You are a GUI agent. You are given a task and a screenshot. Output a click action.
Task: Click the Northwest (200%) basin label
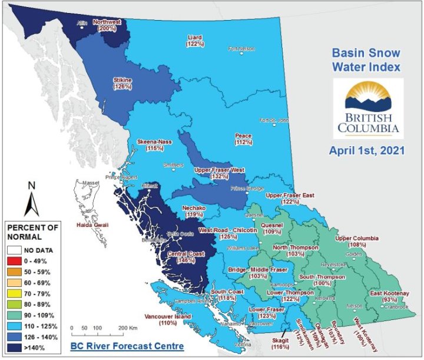107,24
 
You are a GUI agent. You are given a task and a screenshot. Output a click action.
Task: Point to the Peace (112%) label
243,138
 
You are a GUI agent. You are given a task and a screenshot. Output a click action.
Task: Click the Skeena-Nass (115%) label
154,146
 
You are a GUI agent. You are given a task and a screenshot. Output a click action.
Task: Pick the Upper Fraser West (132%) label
219,173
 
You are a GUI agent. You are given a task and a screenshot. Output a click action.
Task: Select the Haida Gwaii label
91,225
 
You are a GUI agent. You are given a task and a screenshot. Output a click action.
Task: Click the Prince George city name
246,190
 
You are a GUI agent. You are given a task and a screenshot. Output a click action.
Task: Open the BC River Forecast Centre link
121,346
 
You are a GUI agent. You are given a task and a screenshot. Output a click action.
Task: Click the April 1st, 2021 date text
367,150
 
